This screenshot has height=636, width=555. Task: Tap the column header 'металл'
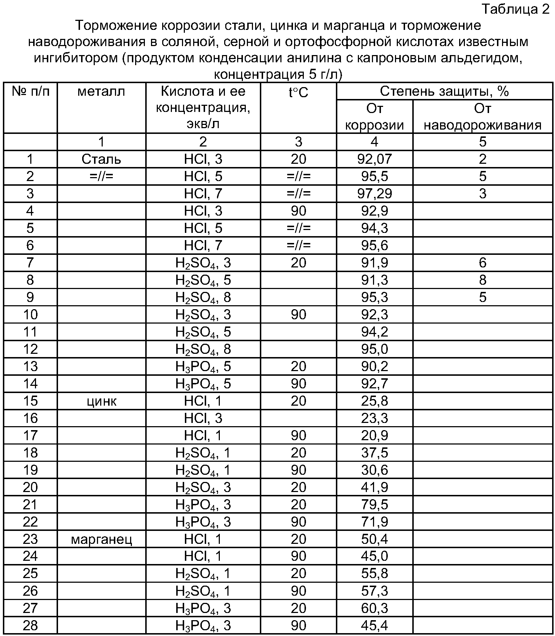coord(101,91)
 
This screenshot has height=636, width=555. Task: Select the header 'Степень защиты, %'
coord(444,91)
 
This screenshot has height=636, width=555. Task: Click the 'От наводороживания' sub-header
coord(482,117)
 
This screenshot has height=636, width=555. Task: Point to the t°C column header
coord(298,93)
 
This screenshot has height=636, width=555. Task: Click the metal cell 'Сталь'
coord(101,159)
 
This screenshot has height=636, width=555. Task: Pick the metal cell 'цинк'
coord(101,401)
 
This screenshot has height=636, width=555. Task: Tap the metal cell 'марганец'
coord(101,539)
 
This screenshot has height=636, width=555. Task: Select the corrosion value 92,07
coord(374,159)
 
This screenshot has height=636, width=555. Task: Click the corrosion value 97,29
coord(374,194)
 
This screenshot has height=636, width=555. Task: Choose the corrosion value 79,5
coord(374,505)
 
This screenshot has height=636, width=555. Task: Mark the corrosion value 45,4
coord(374,626)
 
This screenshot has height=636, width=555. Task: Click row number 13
coord(30,366)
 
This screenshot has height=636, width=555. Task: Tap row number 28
coord(30,626)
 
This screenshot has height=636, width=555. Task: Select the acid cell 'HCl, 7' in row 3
coord(203,194)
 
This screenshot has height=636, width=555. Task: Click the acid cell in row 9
coord(203,297)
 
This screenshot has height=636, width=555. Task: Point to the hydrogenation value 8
coord(482,280)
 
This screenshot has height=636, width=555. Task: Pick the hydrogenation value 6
coord(482,263)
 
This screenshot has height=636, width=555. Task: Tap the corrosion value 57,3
coord(374,591)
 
